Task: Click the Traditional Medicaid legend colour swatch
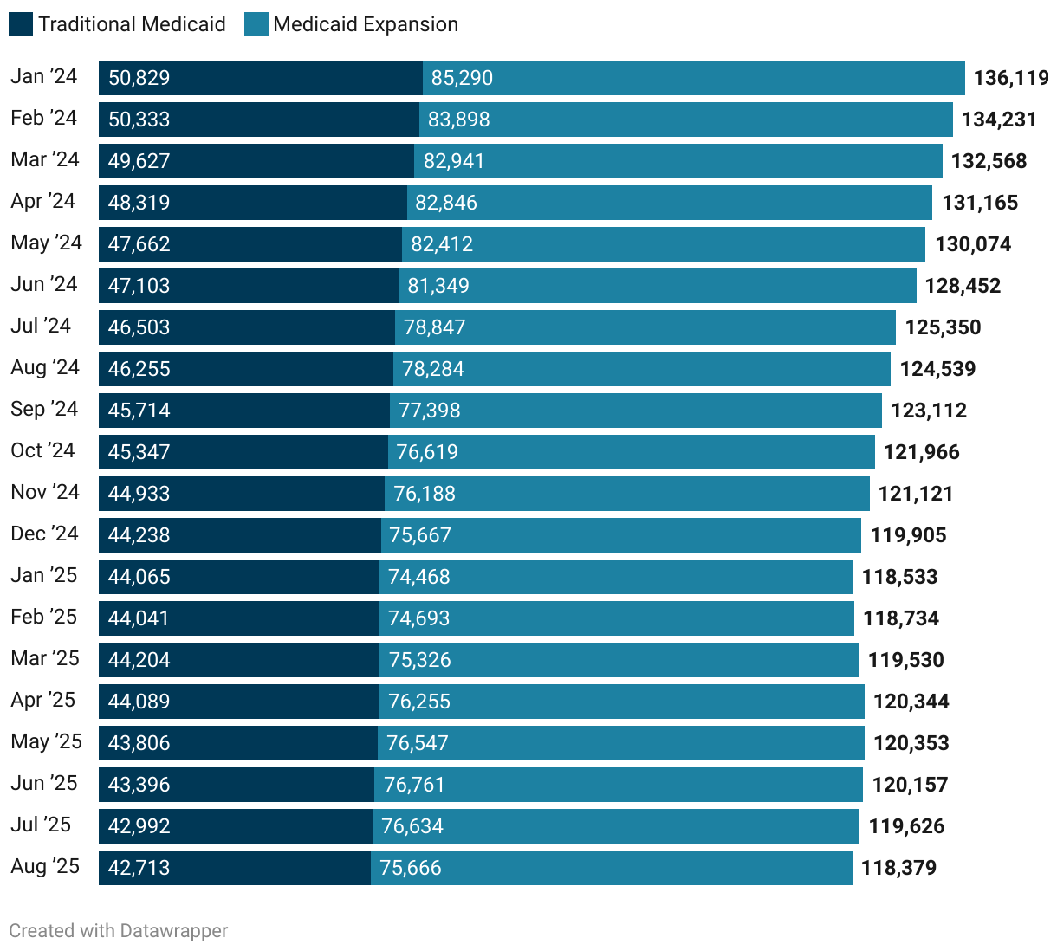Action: point(21,24)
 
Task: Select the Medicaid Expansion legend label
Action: point(365,24)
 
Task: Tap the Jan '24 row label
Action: point(43,76)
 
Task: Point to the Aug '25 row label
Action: point(45,866)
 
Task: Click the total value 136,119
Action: point(1010,78)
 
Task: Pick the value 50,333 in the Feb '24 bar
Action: point(139,120)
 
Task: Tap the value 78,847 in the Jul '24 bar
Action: point(434,327)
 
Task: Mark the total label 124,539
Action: point(937,369)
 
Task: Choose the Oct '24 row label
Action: point(42,450)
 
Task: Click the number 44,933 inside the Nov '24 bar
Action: point(139,494)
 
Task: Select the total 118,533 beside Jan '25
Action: point(899,577)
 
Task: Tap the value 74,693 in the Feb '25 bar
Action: point(418,618)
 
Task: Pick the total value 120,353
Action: point(911,743)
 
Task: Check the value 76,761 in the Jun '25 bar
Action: point(414,785)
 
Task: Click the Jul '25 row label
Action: point(41,825)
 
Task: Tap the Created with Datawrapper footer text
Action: point(119,930)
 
